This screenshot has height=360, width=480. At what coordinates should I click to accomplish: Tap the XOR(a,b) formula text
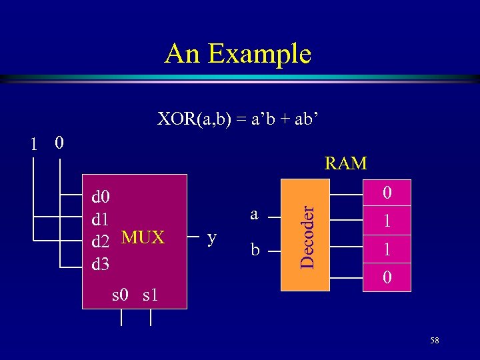pos(239,119)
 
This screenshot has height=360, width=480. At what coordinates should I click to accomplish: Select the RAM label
pos(345,163)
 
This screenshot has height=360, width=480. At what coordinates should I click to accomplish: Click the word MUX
pos(143,238)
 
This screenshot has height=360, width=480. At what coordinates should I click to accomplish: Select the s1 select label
pos(151,295)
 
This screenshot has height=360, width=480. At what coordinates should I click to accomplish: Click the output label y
pos(211,237)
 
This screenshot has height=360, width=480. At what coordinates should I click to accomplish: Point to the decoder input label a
pos(254,214)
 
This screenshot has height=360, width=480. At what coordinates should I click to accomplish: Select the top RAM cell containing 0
pos(387,193)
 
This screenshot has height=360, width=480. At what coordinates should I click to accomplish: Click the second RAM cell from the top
pos(387,221)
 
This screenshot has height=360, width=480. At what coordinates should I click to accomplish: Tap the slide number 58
pos(434,341)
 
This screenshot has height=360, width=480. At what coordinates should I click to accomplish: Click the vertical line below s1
pos(151,317)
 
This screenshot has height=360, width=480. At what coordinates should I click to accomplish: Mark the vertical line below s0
pos(122,317)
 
